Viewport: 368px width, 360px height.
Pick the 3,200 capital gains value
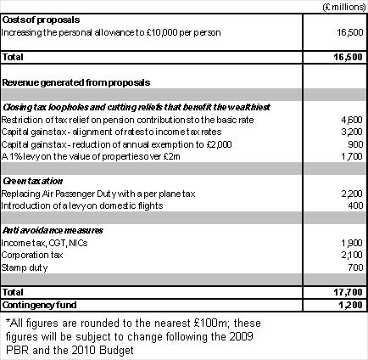pyautogui.click(x=350, y=133)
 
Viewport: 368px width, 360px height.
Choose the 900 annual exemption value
pyautogui.click(x=354, y=145)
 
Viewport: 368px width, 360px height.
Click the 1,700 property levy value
pyautogui.click(x=350, y=158)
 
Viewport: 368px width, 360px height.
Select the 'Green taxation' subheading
pyautogui.click(x=31, y=182)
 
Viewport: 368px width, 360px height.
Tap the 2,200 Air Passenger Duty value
pyautogui.click(x=350, y=194)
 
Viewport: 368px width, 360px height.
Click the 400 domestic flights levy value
pyautogui.click(x=354, y=207)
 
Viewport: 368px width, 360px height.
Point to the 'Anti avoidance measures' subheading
pyautogui.click(x=52, y=230)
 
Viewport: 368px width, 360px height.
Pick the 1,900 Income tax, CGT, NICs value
pyautogui.click(x=350, y=243)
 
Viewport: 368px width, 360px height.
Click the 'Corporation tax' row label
pyautogui.click(x=31, y=255)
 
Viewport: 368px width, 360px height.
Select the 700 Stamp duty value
pyautogui.click(x=354, y=267)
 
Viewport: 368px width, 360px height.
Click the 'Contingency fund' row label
pyautogui.click(x=37, y=303)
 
